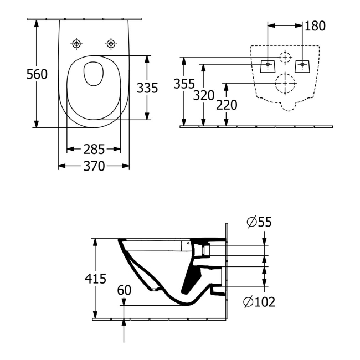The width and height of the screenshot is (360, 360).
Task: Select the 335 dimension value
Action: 148,88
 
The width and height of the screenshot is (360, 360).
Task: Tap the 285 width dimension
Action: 94,148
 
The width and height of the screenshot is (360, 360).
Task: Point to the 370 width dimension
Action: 94,166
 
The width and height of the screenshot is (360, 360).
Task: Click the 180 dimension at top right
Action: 315,25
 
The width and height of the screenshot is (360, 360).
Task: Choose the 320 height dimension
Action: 204,95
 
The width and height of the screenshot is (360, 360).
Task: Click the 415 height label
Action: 96,279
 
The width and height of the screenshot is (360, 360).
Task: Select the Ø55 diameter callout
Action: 259,223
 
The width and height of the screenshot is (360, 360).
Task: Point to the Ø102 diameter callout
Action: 259,302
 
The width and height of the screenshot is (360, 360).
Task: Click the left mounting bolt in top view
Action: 76,43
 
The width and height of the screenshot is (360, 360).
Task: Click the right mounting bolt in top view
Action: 111,43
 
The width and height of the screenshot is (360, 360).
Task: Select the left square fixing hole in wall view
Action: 268,65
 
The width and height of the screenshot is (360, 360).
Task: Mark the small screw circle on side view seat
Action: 188,243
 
